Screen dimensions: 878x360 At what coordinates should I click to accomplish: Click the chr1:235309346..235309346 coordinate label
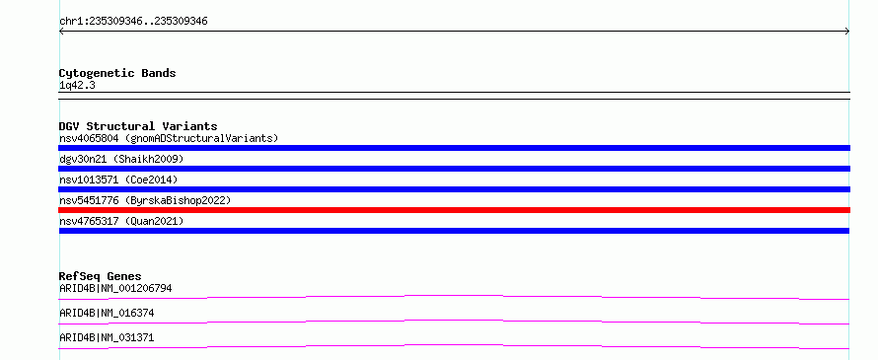point(133,22)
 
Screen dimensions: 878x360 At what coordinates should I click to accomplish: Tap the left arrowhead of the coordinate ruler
point(61,32)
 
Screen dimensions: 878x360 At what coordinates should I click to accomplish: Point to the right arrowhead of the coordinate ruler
point(847,32)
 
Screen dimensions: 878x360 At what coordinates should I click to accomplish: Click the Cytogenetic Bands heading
point(117,73)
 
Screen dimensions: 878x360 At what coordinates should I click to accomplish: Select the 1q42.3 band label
point(77,85)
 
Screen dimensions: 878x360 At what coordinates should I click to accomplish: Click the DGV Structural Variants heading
point(138,126)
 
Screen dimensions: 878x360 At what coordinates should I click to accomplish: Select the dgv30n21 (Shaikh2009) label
point(121,159)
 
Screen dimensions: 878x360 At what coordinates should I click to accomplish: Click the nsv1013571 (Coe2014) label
point(118,180)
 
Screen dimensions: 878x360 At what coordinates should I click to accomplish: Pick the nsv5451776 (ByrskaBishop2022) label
point(145,200)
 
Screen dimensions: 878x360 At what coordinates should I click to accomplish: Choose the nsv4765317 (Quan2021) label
point(121,221)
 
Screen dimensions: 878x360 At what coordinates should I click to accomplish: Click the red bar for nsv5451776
point(454,210)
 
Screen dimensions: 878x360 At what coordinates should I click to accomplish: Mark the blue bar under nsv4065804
point(454,148)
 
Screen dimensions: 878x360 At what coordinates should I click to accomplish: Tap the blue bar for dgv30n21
point(454,169)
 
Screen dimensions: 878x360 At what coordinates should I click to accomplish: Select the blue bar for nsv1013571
point(454,189)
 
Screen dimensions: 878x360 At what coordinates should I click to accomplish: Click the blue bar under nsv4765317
point(454,231)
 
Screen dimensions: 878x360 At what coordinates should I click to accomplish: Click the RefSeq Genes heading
point(101,276)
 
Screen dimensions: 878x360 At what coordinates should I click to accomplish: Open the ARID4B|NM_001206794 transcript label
point(115,288)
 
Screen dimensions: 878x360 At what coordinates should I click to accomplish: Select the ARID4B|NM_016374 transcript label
point(107,313)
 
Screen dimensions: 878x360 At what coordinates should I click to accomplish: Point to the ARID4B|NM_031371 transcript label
point(107,337)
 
